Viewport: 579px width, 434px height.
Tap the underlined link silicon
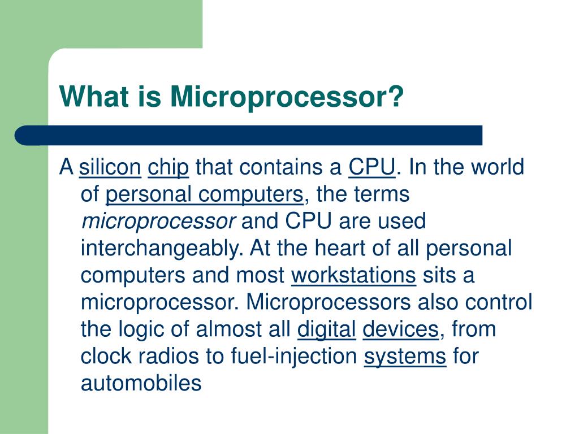(110, 168)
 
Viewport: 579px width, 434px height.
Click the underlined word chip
(168, 168)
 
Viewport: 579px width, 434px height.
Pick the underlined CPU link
(371, 168)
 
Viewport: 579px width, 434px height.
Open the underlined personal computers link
(205, 195)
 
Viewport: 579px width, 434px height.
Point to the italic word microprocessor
(158, 222)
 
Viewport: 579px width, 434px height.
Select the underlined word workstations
(353, 276)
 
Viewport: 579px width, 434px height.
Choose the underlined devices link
(400, 329)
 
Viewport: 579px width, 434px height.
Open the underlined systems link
(405, 357)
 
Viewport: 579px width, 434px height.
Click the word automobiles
(141, 384)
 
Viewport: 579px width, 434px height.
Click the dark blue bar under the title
(249, 136)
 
